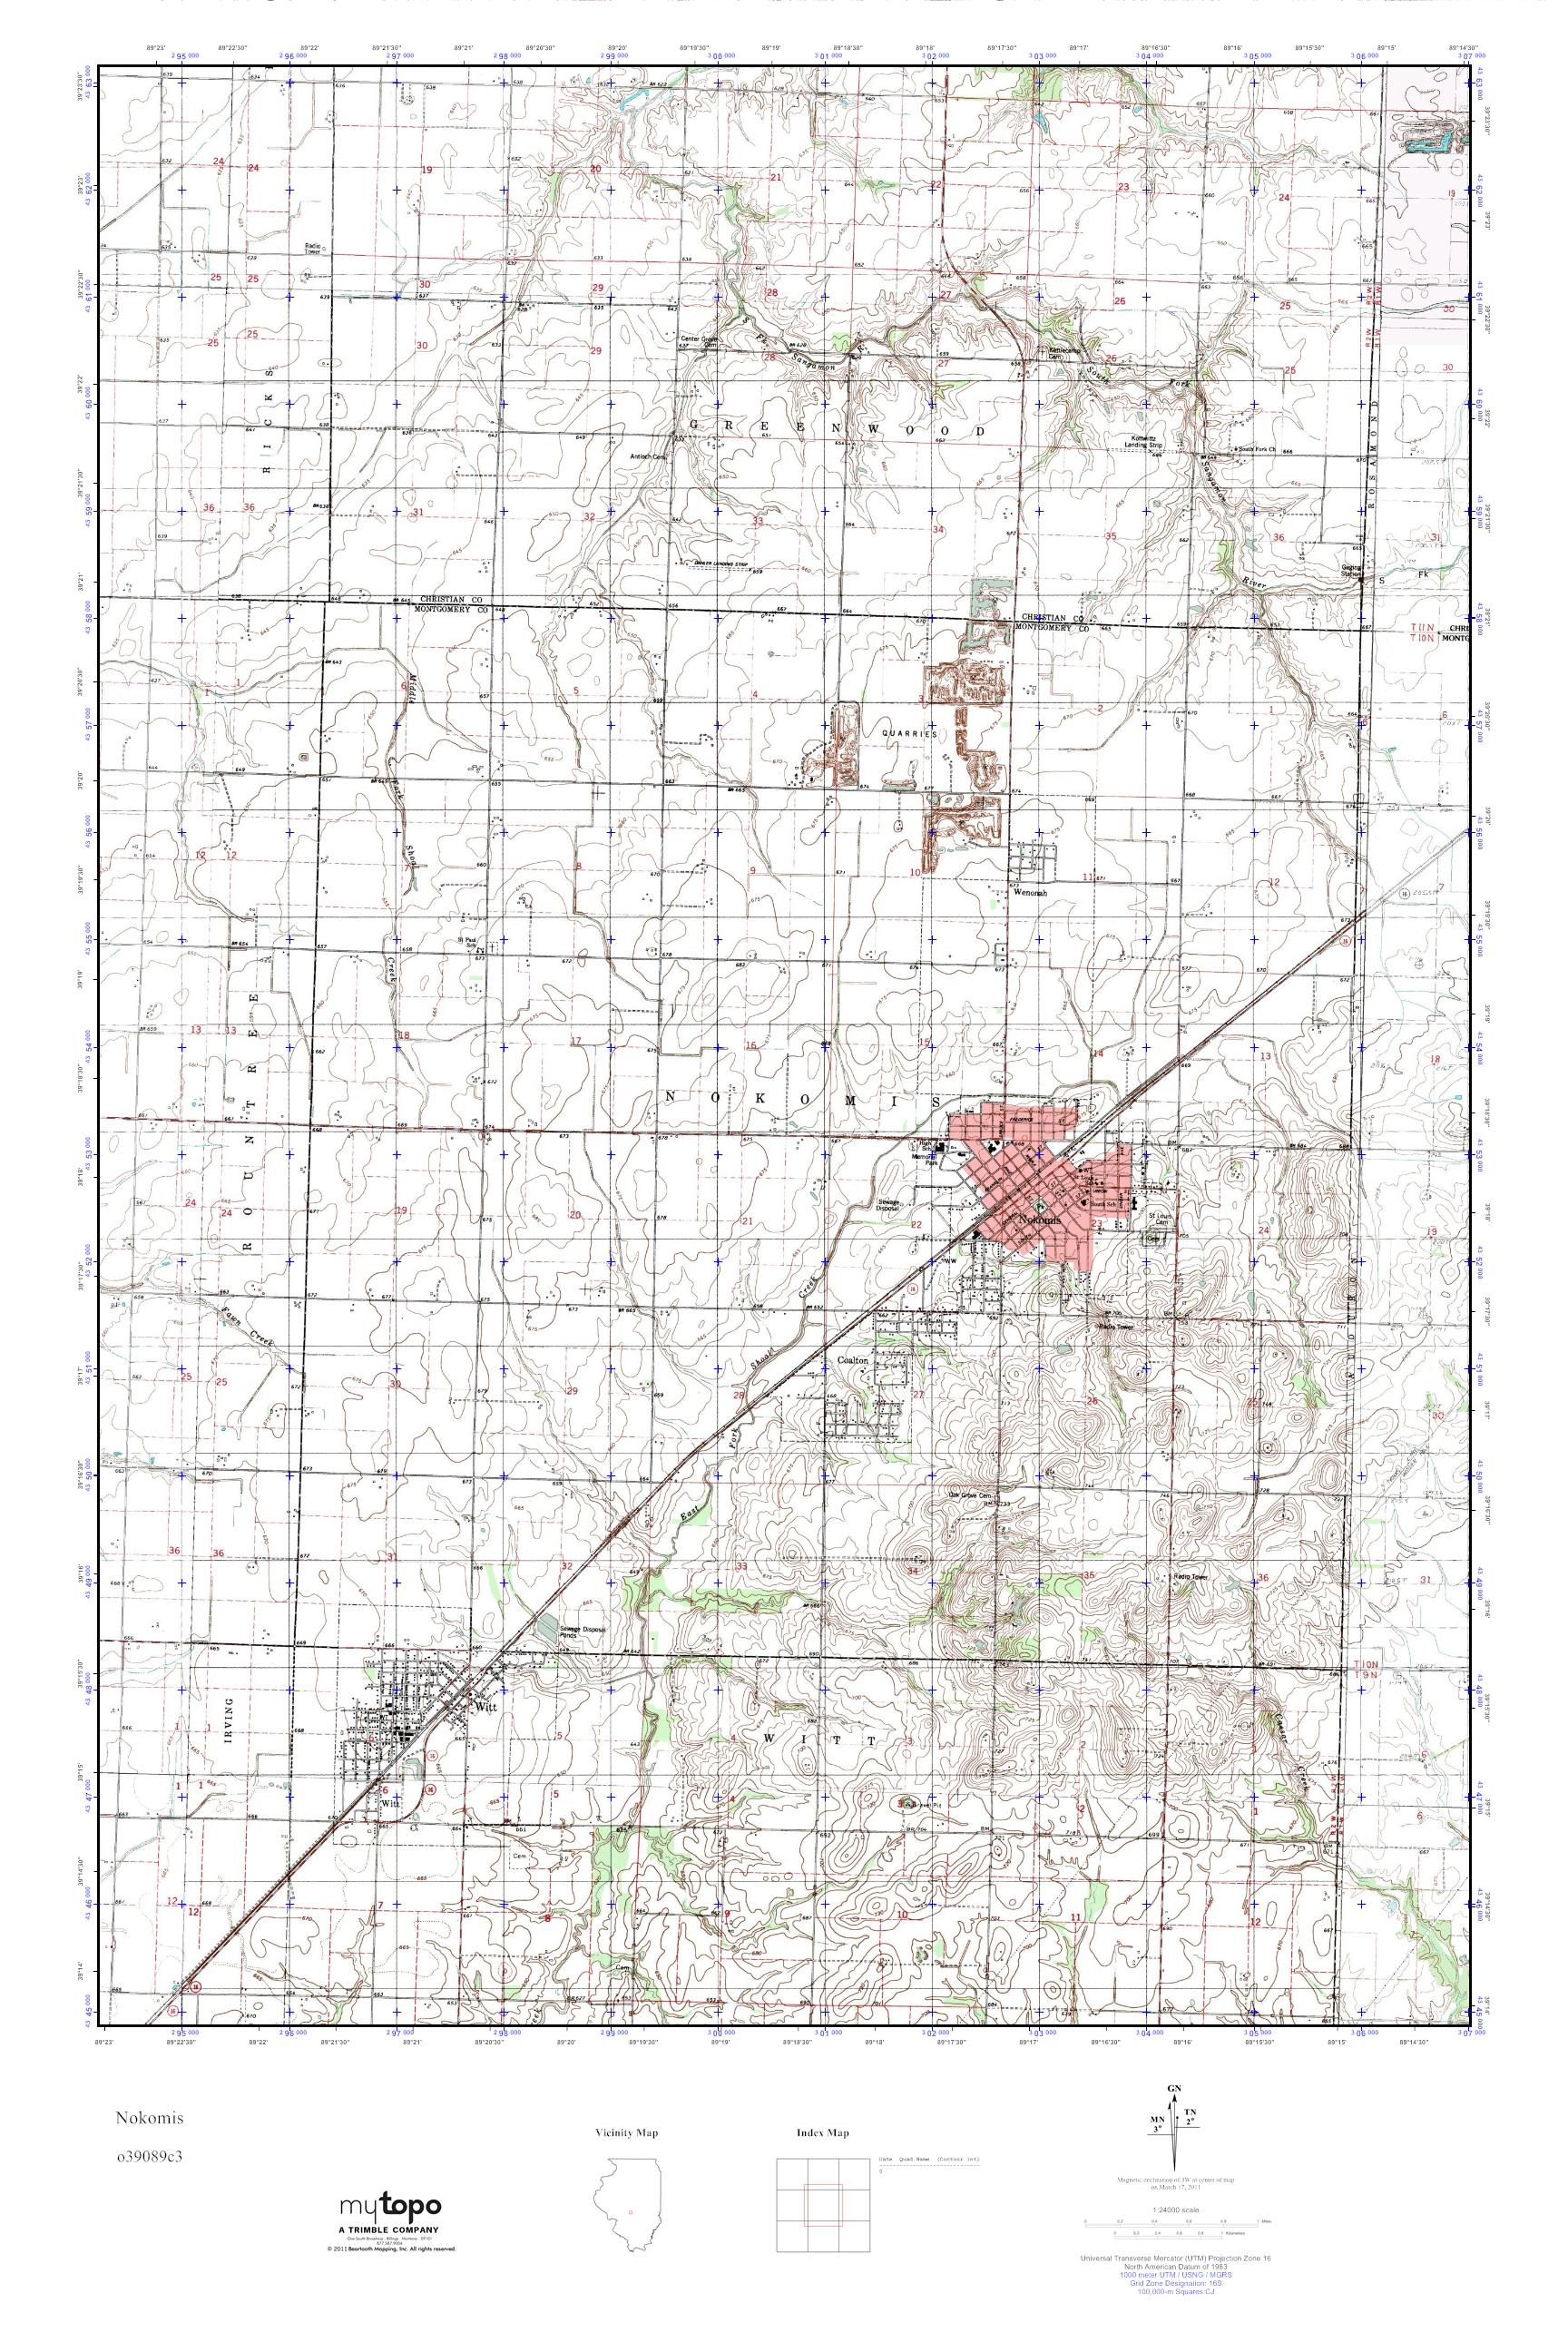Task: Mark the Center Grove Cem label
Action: tap(700, 341)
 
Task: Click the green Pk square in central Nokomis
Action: tap(1040, 1206)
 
